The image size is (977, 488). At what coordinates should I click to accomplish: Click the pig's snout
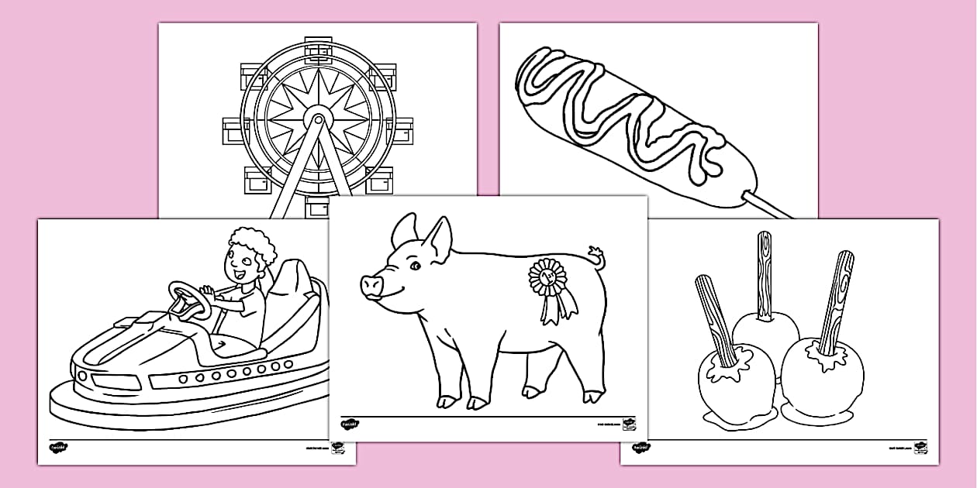(x=371, y=286)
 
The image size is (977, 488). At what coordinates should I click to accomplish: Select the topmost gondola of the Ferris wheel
(x=318, y=50)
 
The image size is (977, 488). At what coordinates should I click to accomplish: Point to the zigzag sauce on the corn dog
(x=620, y=108)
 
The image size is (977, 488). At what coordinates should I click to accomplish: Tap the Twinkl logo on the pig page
(x=350, y=424)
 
